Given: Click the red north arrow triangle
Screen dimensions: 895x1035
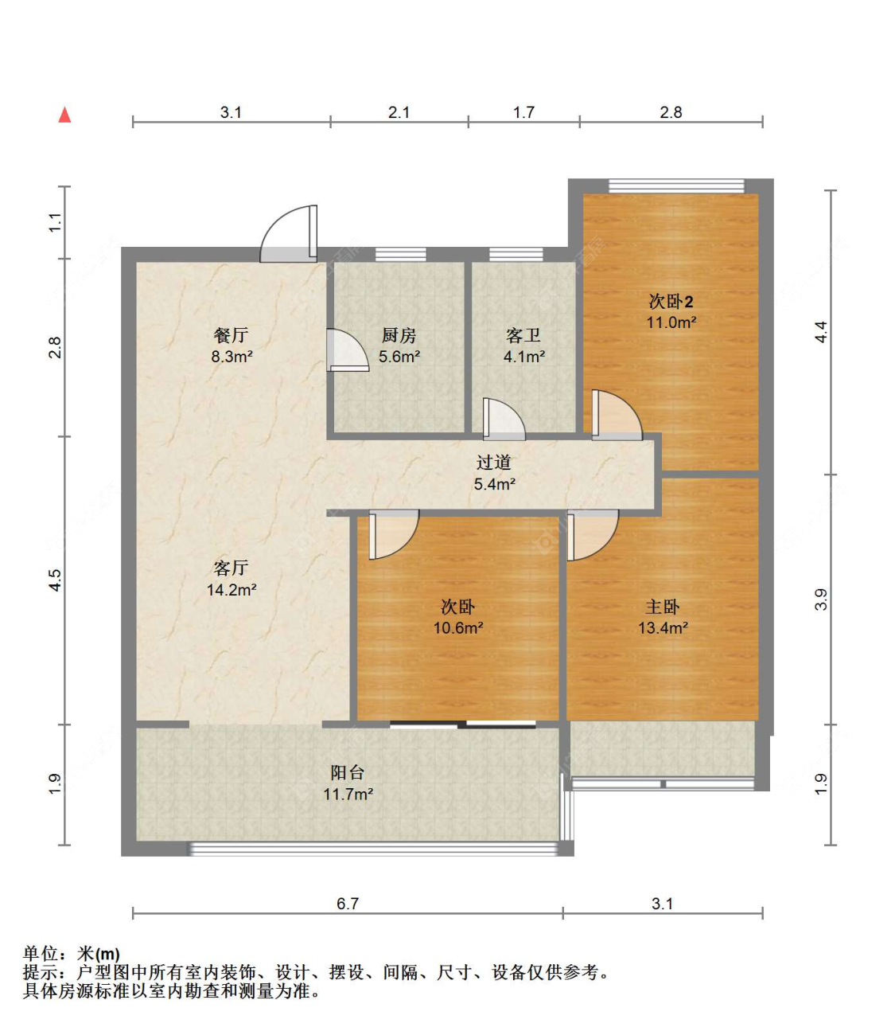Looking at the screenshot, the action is click(x=64, y=115).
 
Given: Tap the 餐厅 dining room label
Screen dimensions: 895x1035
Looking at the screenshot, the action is click(x=232, y=335).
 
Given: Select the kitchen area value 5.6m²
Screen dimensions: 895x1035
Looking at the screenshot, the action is click(x=399, y=357).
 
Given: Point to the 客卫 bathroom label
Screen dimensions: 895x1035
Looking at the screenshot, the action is click(x=523, y=335).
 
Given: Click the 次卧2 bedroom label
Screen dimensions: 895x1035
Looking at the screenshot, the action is click(x=671, y=302).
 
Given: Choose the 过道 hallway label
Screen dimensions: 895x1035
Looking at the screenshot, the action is click(x=494, y=463).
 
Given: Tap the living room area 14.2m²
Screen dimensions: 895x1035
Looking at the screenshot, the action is click(x=232, y=590).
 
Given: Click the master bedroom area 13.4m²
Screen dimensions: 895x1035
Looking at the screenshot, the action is click(x=663, y=627).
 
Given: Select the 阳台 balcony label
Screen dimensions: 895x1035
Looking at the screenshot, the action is click(x=347, y=772).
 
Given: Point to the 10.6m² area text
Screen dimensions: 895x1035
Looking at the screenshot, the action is click(x=458, y=627).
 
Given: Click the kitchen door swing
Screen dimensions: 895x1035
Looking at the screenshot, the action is click(x=348, y=350).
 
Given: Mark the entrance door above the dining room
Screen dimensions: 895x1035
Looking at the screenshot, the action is click(x=288, y=233).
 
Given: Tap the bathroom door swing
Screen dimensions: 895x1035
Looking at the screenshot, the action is click(x=504, y=419).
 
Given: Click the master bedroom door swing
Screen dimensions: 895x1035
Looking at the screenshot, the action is click(x=593, y=535).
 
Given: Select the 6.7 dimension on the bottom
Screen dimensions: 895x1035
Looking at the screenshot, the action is click(x=347, y=904).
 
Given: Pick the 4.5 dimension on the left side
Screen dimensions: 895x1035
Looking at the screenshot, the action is click(x=55, y=580).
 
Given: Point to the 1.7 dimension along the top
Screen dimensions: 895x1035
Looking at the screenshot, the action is click(x=523, y=112).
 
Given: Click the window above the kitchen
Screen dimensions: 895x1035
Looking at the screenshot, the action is click(x=401, y=254).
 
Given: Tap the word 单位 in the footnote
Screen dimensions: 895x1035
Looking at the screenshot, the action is click(x=41, y=954).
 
